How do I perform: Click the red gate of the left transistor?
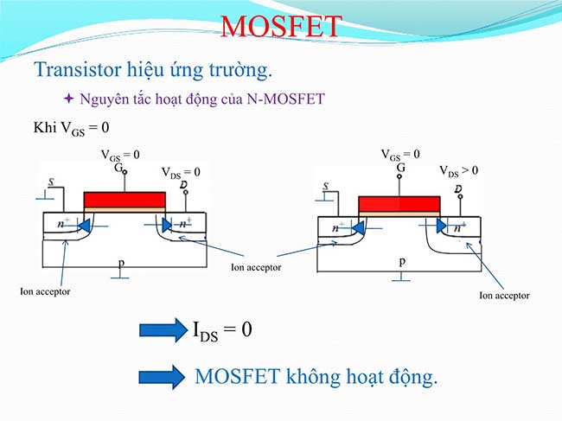[x=125, y=200]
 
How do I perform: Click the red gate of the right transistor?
[x=399, y=204]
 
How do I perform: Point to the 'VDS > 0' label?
[x=458, y=171]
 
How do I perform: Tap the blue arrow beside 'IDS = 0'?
[x=163, y=329]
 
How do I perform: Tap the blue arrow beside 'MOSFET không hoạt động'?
[x=163, y=376]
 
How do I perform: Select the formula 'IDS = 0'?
[x=223, y=329]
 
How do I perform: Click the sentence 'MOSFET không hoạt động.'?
[x=316, y=376]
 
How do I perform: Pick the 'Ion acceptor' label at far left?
[x=45, y=291]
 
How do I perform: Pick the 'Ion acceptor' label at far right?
[x=504, y=295]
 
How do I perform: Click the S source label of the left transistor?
[x=51, y=183]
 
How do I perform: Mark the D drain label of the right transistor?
[x=457, y=188]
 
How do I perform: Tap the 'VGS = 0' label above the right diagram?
[x=401, y=154]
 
